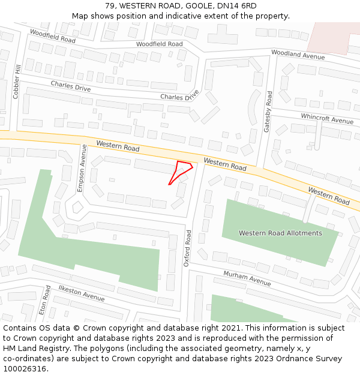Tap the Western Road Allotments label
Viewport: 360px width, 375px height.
click(280, 233)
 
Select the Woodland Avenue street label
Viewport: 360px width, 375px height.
click(298, 55)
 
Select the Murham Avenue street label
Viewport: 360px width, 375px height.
click(247, 278)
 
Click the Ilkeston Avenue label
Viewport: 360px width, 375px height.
click(82, 293)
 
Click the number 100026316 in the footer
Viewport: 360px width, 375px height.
click(25, 368)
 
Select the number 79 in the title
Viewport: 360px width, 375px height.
click(110, 6)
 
